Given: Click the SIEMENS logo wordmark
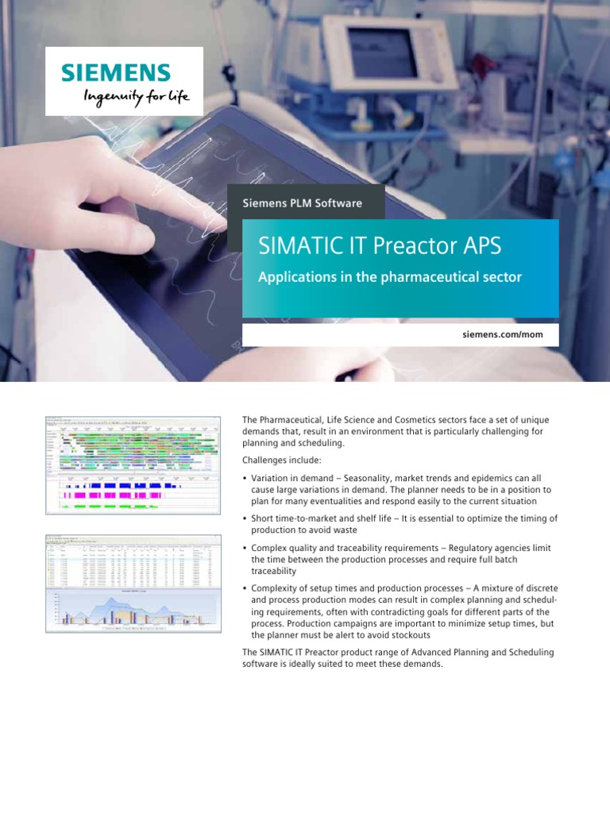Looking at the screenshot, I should point(116,73).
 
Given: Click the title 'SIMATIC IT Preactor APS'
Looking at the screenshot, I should point(380,246).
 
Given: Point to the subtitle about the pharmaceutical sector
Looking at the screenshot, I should point(390,277).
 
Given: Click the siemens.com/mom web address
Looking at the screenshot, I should point(502,335).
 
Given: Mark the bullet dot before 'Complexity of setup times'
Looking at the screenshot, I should point(245,588).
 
